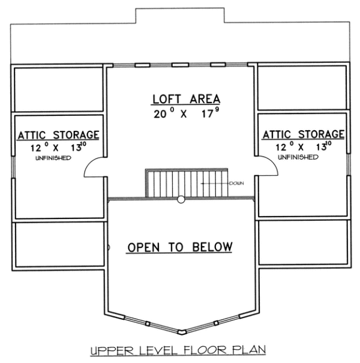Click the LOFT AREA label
[x=186, y=99]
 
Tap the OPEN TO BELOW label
[x=180, y=247]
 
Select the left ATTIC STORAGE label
[x=58, y=135]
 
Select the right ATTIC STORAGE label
[x=303, y=134]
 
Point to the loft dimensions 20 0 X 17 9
[x=186, y=113]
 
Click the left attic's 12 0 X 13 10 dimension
[x=58, y=147]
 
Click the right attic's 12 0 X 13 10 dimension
[x=303, y=146]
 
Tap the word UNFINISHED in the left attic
[x=53, y=158]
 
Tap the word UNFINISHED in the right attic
[x=298, y=157]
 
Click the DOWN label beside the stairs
[x=236, y=184]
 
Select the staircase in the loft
[x=187, y=183]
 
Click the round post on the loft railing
[x=181, y=199]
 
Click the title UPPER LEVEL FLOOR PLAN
[x=178, y=350]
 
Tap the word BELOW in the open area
[x=212, y=247]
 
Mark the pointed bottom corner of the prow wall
[x=182, y=334]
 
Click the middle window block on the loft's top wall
[x=180, y=65]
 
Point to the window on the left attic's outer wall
[x=13, y=167]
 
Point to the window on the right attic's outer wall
[x=349, y=164]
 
